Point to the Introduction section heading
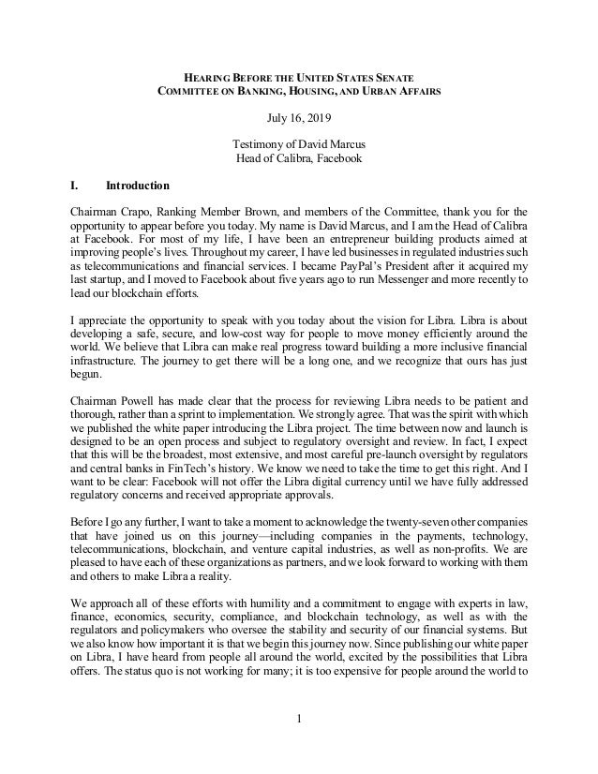(138, 186)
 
